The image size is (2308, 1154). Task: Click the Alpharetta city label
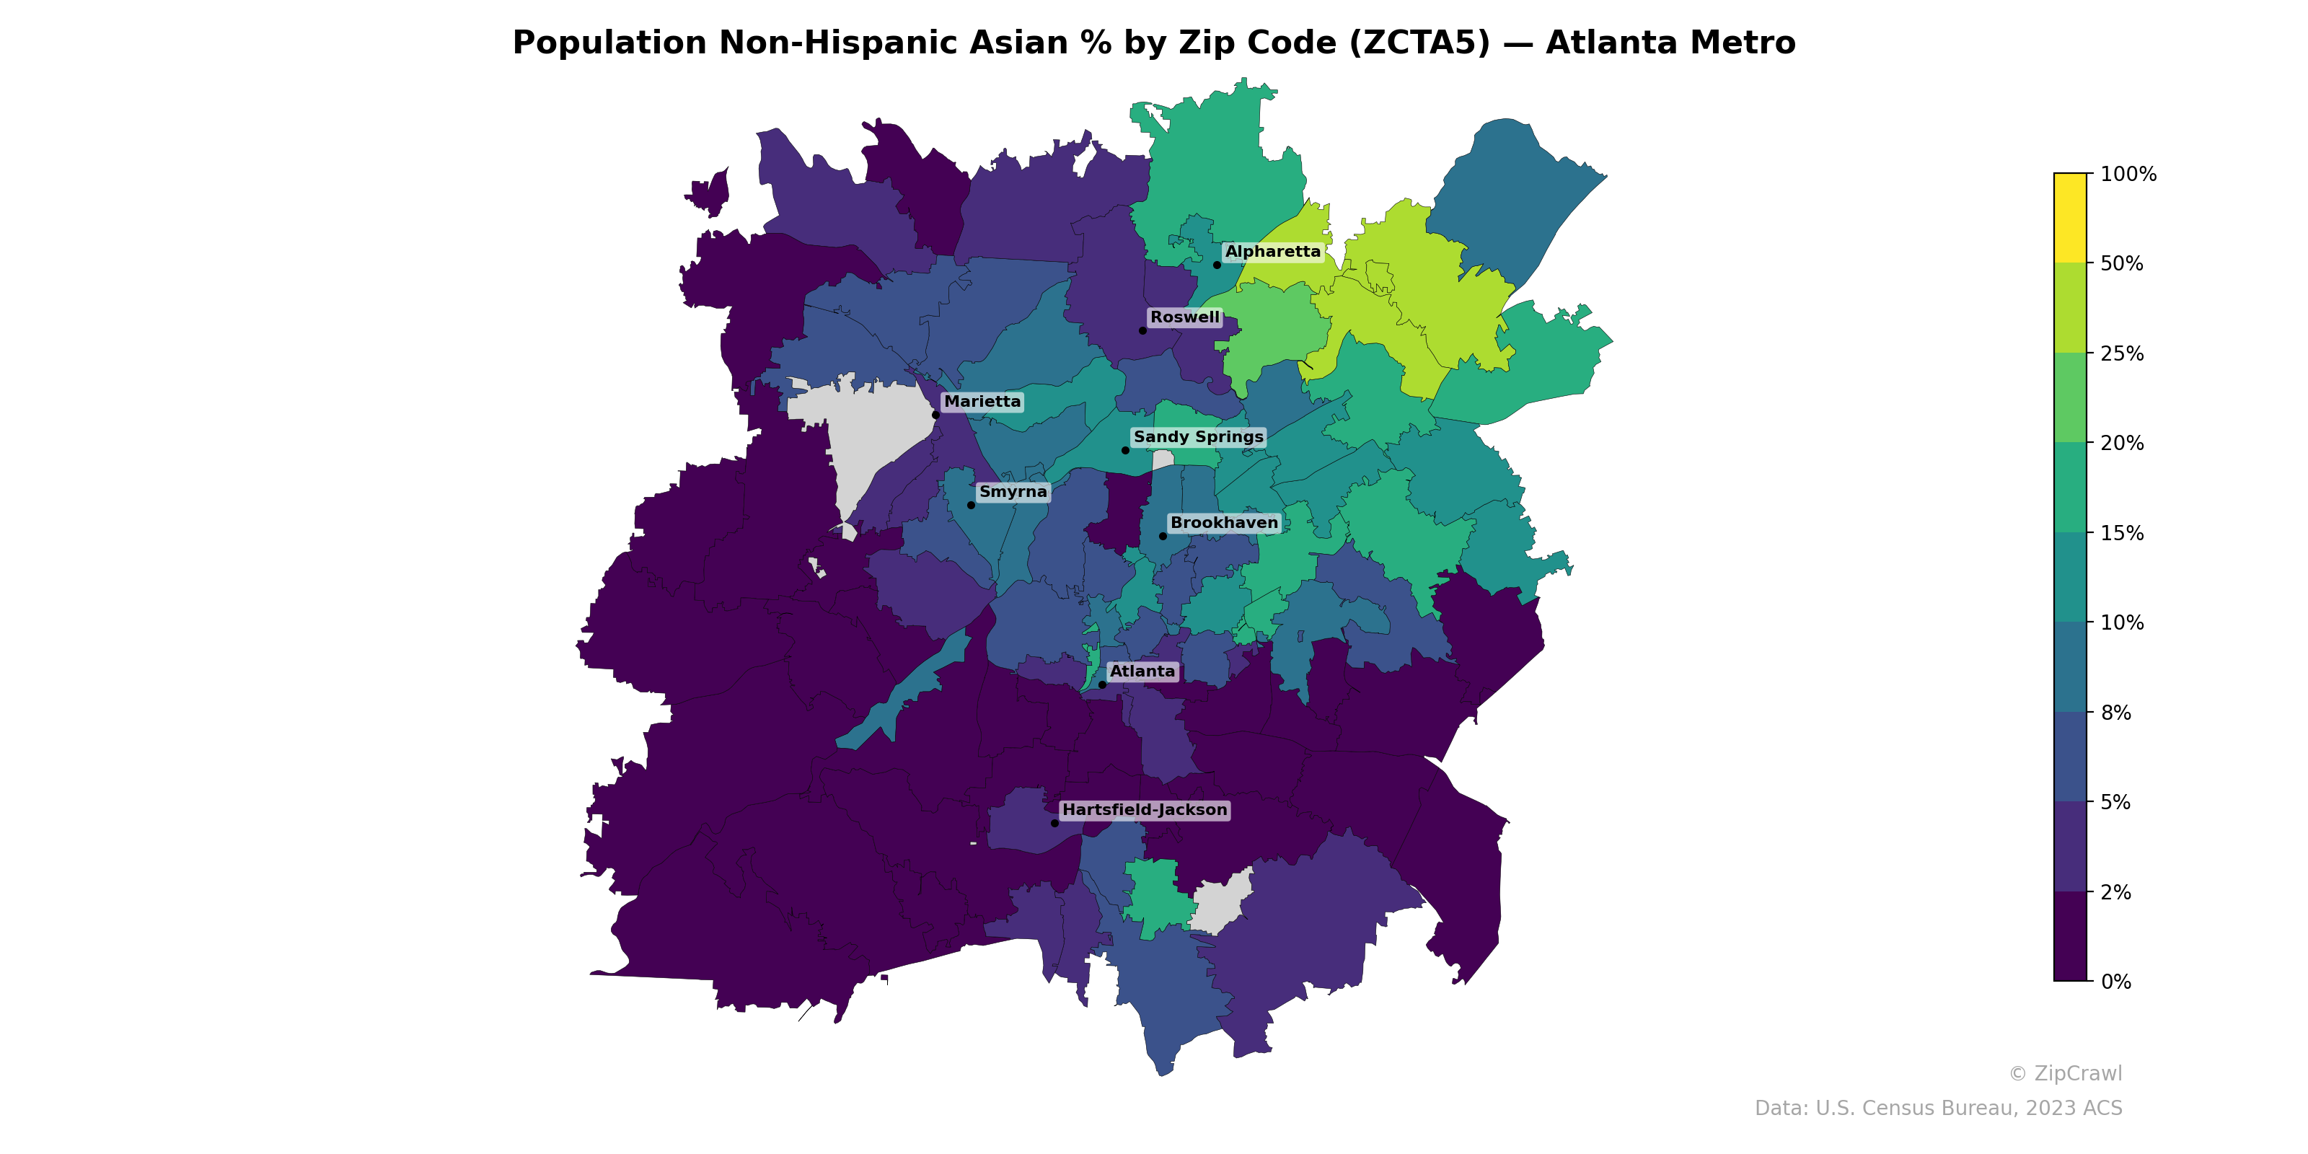click(x=1272, y=252)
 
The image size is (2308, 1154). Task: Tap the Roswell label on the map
click(x=1184, y=317)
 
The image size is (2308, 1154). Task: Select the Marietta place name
click(x=982, y=402)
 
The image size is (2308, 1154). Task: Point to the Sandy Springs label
click(x=1198, y=436)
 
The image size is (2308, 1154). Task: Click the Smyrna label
click(x=1013, y=492)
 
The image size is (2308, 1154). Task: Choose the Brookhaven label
click(x=1224, y=522)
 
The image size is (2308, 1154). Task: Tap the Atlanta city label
click(x=1142, y=671)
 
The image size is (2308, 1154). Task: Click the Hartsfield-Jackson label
click(x=1144, y=810)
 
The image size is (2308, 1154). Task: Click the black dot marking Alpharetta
click(x=1217, y=264)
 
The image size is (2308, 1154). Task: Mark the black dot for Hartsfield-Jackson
click(x=1054, y=822)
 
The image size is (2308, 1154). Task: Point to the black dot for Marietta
click(x=935, y=415)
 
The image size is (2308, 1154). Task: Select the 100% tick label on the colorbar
click(x=2128, y=174)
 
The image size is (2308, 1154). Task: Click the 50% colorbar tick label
click(x=2122, y=263)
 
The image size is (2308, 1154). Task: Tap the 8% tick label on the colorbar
click(x=2115, y=713)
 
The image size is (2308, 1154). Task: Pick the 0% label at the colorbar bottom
click(x=2115, y=981)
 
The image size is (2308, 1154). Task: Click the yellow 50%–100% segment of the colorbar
click(x=2070, y=218)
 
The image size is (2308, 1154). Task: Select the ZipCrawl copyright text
click(x=2064, y=1073)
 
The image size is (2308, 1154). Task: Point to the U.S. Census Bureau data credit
click(x=1938, y=1109)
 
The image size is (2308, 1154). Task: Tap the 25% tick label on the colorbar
click(x=2122, y=353)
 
